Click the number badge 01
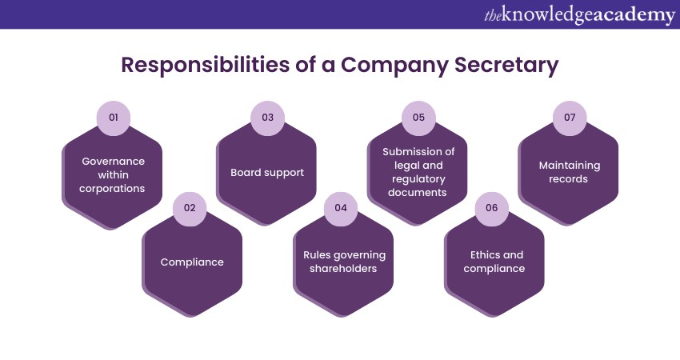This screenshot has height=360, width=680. [114, 118]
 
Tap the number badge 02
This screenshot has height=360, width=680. [190, 208]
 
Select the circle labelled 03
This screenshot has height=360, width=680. [267, 118]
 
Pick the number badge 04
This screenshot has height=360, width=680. [341, 208]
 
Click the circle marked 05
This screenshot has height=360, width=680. [418, 118]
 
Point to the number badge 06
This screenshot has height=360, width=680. [491, 208]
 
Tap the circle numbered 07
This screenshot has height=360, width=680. [570, 118]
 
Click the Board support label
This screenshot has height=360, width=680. [267, 173]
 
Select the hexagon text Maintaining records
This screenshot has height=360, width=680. [569, 172]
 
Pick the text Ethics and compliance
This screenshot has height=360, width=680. [495, 262]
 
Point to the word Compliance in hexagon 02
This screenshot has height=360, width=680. [192, 262]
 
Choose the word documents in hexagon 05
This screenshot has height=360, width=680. [418, 193]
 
